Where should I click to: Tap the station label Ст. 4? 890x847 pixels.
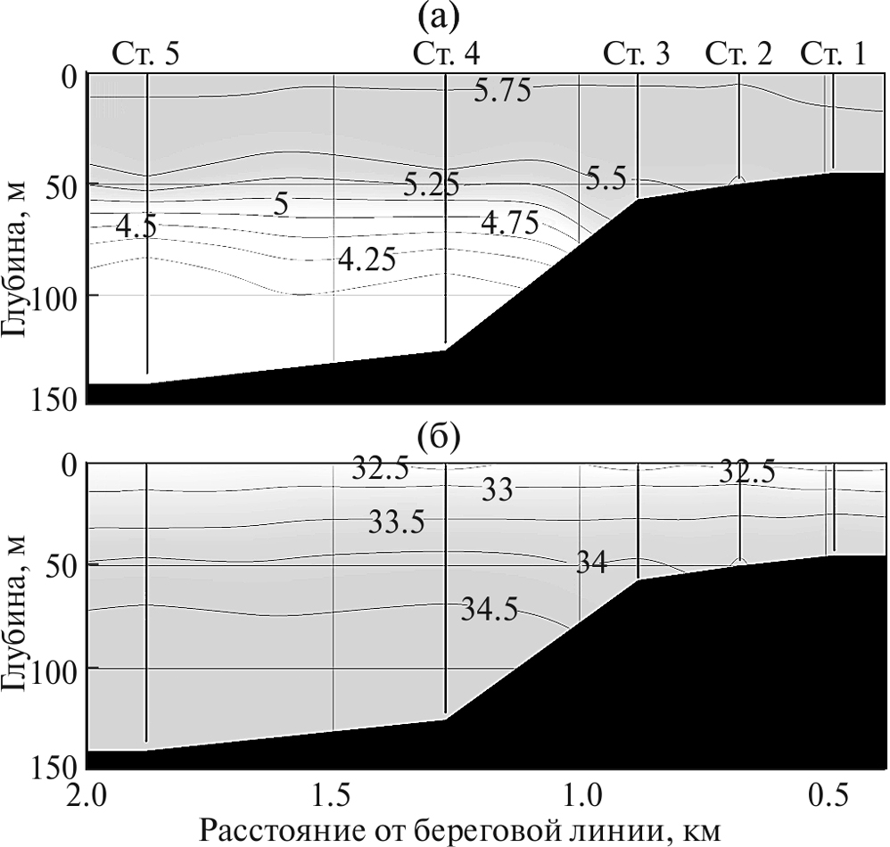point(447,56)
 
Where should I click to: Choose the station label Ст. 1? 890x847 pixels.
point(832,56)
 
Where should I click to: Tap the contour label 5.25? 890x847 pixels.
point(431,185)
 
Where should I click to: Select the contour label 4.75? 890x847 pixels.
point(509,223)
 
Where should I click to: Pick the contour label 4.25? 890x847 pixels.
point(367,260)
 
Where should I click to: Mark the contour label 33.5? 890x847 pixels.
point(397,523)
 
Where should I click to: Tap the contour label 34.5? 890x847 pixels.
point(490,611)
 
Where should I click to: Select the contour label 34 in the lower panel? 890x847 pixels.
point(591,563)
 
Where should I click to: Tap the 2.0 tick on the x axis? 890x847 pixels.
point(87,791)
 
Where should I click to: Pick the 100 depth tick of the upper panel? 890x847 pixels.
point(59,294)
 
